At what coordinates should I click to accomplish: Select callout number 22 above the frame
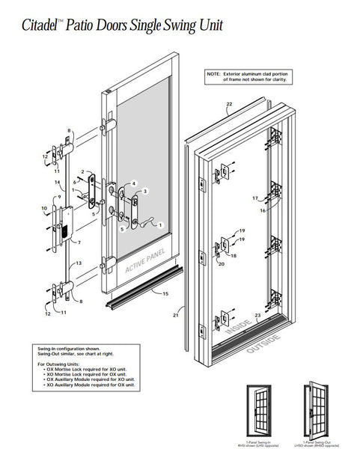click(x=229, y=104)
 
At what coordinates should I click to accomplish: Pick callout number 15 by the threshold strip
click(x=165, y=295)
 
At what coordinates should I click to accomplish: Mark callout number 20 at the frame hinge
click(x=221, y=263)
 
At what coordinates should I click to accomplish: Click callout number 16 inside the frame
click(x=262, y=212)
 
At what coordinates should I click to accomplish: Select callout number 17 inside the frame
click(x=255, y=198)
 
